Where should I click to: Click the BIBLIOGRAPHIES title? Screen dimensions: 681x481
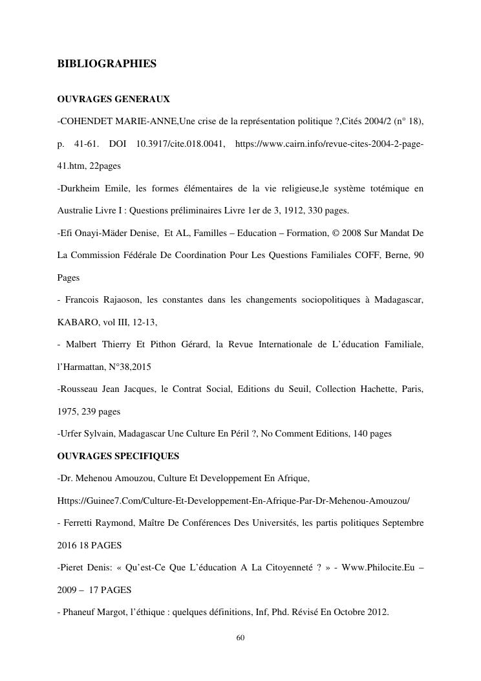click(107, 64)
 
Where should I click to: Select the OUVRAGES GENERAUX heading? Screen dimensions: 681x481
click(113, 99)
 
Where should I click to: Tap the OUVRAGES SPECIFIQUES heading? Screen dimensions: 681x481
click(118, 456)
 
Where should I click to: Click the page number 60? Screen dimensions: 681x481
click(240, 638)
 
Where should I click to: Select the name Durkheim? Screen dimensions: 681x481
click(80, 188)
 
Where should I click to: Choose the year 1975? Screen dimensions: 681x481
click(68, 411)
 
